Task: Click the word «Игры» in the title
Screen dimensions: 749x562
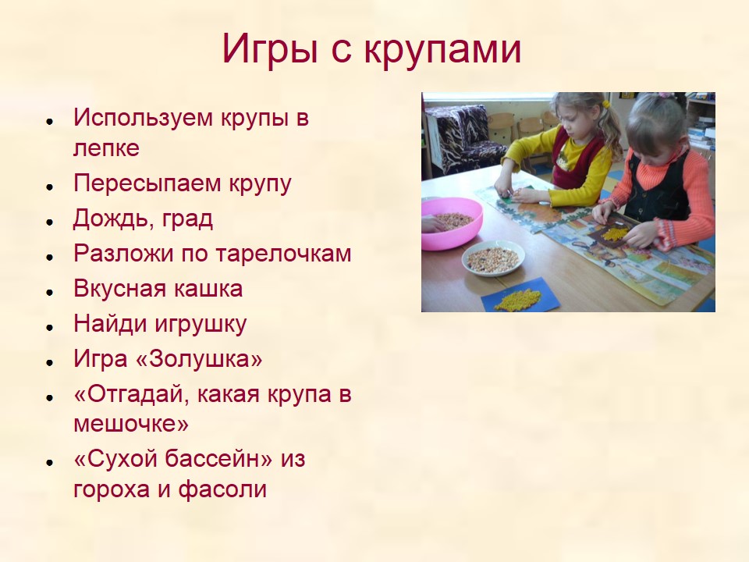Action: [269, 48]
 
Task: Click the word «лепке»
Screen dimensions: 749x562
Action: [107, 148]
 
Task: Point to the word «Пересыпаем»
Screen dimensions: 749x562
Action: [148, 184]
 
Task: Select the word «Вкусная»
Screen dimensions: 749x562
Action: [119, 289]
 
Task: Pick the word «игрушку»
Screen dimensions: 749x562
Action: [200, 325]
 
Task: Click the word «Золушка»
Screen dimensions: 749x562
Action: [201, 359]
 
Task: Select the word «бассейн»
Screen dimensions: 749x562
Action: [218, 459]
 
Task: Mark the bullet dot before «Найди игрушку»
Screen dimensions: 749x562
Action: [49, 327]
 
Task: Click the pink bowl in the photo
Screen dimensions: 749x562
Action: [451, 222]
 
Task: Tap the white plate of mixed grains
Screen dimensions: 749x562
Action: [493, 258]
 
